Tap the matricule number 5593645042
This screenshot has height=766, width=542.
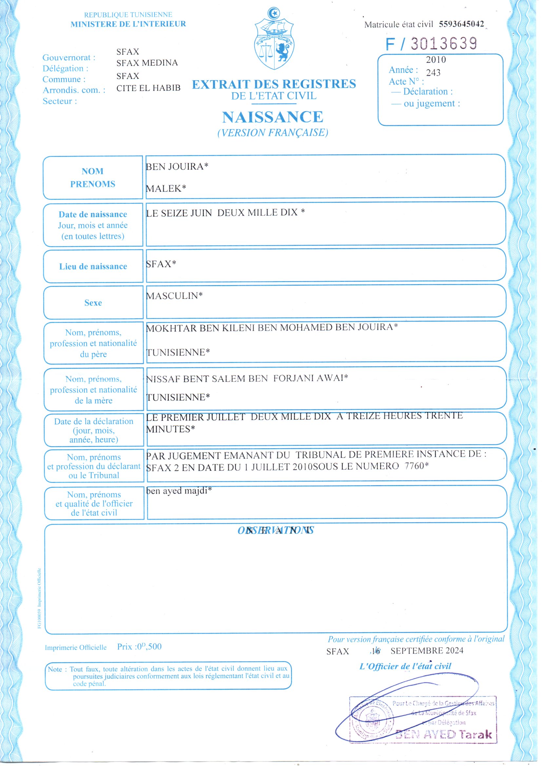tap(461, 24)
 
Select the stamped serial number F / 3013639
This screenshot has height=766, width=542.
tap(431, 44)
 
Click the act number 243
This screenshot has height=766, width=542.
tap(433, 73)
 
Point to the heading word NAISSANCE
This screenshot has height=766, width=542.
tap(273, 117)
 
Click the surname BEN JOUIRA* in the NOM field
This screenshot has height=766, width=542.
tap(177, 166)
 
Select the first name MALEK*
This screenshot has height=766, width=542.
tap(166, 188)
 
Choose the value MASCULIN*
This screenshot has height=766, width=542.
tap(174, 296)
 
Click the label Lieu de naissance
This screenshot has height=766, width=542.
tap(93, 267)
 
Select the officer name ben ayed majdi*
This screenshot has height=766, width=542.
tap(179, 491)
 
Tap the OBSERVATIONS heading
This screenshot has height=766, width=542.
tap(276, 530)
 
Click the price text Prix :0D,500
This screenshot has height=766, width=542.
tap(139, 646)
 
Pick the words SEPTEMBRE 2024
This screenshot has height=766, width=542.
tap(427, 651)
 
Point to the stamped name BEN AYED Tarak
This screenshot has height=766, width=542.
tap(444, 734)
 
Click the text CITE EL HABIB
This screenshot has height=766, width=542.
tap(148, 88)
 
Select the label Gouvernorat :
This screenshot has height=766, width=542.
tap(69, 58)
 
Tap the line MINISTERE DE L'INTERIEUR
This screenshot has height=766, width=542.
tap(128, 24)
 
